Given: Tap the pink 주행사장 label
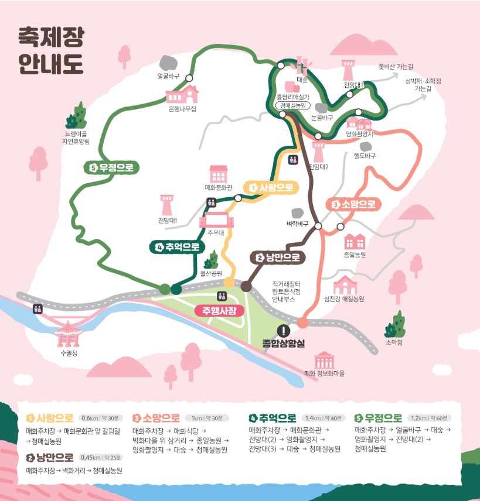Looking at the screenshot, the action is [219, 310].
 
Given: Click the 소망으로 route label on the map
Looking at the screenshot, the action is [353, 204].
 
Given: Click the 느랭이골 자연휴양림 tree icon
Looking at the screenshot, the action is [76, 115].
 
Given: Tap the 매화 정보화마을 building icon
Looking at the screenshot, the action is [324, 359].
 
